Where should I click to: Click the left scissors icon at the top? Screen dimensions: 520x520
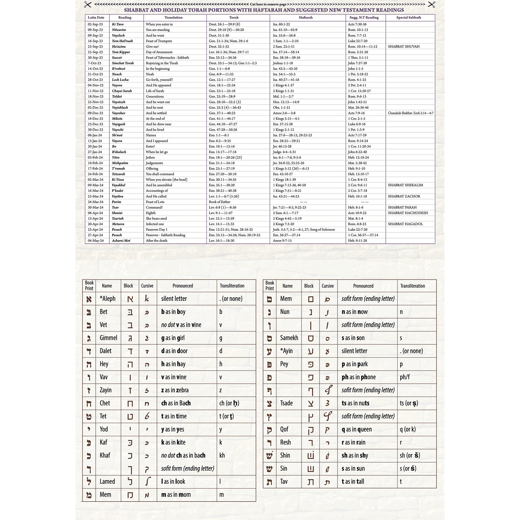tap(87, 5)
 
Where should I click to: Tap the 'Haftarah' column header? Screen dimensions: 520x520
tap(306, 18)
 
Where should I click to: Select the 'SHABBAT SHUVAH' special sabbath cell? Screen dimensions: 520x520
tap(403, 46)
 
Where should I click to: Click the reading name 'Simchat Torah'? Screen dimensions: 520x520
tap(123, 63)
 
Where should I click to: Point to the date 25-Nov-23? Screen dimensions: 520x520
tap(95, 102)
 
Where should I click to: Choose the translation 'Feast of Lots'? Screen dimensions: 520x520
tap(155, 202)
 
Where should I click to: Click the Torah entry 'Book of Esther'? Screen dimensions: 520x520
tap(220, 202)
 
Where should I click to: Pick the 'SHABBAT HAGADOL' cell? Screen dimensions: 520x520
tap(405, 224)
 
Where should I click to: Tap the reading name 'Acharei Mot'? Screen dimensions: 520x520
tap(121, 241)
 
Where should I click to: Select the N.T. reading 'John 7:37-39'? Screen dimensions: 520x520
tap(357, 63)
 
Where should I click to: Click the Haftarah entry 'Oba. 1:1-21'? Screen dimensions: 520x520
tap(281, 108)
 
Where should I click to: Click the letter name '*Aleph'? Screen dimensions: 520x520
tap(107, 299)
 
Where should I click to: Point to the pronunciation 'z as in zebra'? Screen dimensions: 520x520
tap(175, 390)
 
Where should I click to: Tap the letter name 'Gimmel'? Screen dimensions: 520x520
tap(108, 338)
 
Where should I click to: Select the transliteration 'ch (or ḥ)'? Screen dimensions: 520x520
tap(229, 403)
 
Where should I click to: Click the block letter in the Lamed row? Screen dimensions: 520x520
tap(130, 481)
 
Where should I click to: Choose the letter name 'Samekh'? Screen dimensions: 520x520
tap(289, 338)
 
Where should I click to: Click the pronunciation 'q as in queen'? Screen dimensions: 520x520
tap(357, 429)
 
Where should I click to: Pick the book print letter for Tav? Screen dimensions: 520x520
tap(269, 482)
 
